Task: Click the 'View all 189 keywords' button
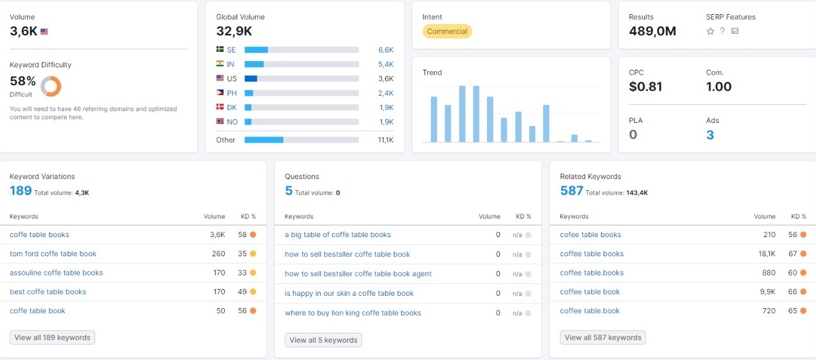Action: click(52, 337)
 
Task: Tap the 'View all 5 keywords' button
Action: click(323, 340)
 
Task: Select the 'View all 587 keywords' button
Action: click(602, 337)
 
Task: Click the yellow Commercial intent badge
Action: click(447, 31)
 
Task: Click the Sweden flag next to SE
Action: click(220, 49)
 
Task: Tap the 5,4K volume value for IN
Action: click(386, 64)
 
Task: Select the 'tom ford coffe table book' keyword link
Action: click(53, 254)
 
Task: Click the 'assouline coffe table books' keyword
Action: click(56, 272)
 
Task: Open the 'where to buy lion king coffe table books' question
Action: click(352, 312)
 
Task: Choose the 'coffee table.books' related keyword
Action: click(591, 272)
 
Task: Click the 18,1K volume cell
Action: click(767, 254)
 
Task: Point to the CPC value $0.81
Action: click(645, 86)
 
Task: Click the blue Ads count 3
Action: click(710, 135)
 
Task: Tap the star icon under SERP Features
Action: click(710, 31)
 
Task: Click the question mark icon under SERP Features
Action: click(722, 31)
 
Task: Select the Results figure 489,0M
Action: click(652, 31)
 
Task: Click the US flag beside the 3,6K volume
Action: click(44, 31)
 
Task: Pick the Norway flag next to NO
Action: click(220, 121)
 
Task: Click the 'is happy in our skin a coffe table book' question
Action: click(349, 293)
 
